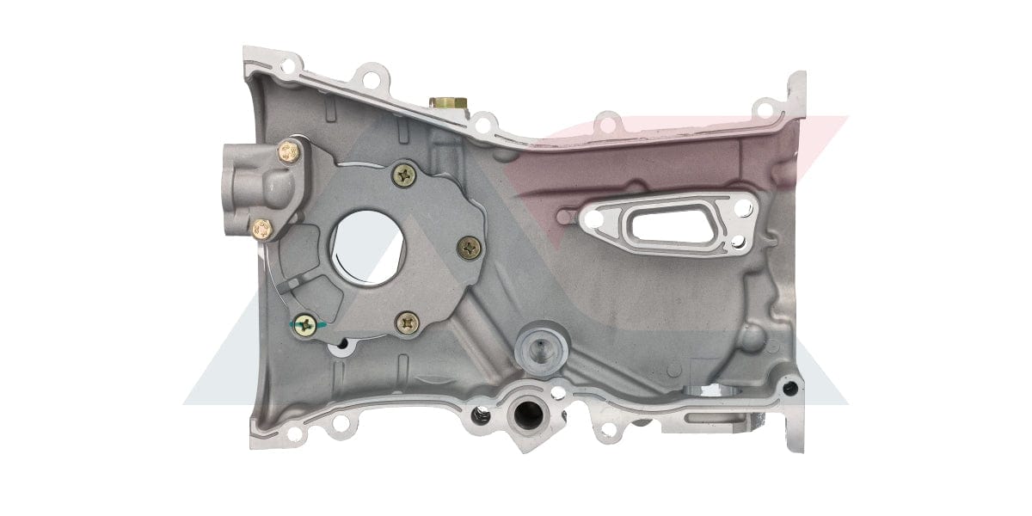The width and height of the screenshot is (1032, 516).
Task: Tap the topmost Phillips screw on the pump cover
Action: [x=404, y=175]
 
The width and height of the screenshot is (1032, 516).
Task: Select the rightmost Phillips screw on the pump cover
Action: [x=470, y=249]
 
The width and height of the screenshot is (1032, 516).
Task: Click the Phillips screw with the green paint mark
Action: [x=304, y=324]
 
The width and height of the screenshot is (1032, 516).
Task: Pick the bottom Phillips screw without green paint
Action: [x=408, y=323]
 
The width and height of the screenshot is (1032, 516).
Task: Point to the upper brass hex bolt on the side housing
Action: [x=289, y=154]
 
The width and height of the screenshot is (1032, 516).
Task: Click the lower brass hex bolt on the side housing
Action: [x=263, y=229]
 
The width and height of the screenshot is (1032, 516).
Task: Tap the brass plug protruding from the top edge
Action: [x=448, y=104]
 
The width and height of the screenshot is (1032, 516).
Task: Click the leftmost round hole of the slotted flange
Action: [x=593, y=218]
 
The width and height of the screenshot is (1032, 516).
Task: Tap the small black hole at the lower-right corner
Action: [x=789, y=388]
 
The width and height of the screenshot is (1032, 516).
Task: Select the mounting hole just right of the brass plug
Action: [x=482, y=126]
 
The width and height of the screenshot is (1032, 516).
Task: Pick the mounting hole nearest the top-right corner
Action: [x=763, y=109]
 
